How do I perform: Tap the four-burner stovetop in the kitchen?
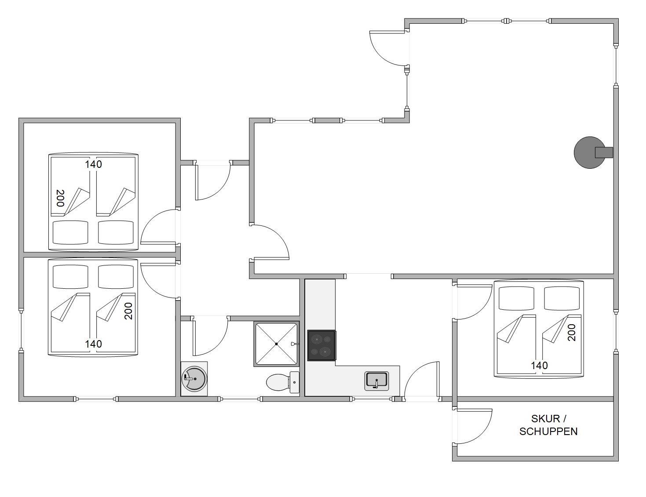pyautogui.click(x=321, y=345)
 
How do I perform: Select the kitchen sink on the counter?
pyautogui.click(x=376, y=381)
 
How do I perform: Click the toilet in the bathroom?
pyautogui.click(x=282, y=382)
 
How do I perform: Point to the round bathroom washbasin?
pyautogui.click(x=194, y=379)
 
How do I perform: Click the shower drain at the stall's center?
pyautogui.click(x=277, y=344)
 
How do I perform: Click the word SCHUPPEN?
pyautogui.click(x=548, y=432)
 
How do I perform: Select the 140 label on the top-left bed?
pyautogui.click(x=93, y=164)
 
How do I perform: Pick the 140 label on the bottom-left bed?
pyautogui.click(x=93, y=344)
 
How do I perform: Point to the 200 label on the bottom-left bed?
pyautogui.click(x=128, y=311)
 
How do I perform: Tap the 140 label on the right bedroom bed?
pyautogui.click(x=539, y=366)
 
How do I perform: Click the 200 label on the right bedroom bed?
pyautogui.click(x=571, y=332)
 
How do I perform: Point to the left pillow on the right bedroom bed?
pyautogui.click(x=516, y=298)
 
